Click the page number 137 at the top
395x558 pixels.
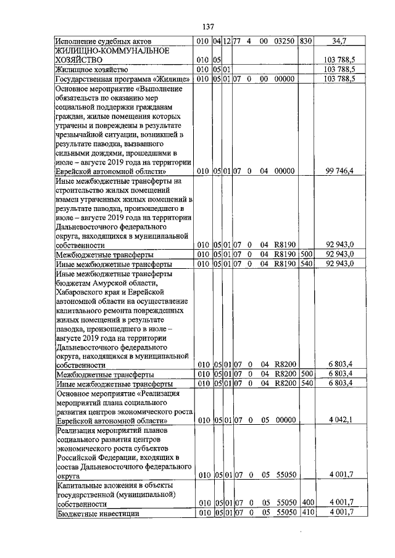208,27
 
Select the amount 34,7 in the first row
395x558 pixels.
339,41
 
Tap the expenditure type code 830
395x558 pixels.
306,41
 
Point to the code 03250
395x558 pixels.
283,41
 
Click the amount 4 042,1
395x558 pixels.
340,421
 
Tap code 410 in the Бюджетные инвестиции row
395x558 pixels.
307,513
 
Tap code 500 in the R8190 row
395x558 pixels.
306,254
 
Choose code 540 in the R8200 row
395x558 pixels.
306,384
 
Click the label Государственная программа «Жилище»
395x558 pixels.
122,79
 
